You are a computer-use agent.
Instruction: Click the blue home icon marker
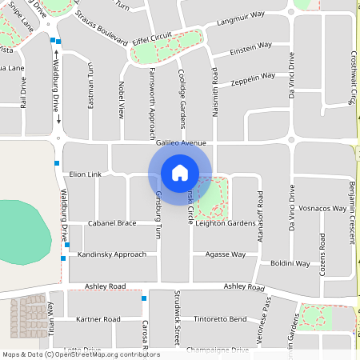click(x=180, y=172)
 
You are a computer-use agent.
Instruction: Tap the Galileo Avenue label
click(x=181, y=143)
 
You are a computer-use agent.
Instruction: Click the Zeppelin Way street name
click(x=252, y=78)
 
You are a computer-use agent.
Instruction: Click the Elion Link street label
click(x=86, y=174)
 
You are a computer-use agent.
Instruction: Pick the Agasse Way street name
click(x=225, y=254)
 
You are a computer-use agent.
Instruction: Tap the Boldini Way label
click(x=290, y=262)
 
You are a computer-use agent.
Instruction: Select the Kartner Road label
click(x=97, y=319)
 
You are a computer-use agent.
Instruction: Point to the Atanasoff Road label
click(x=260, y=211)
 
